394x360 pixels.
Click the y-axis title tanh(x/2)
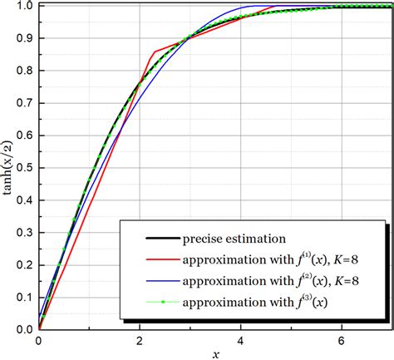pyautogui.click(x=7, y=165)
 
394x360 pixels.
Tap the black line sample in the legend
pyautogui.click(x=150, y=237)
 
